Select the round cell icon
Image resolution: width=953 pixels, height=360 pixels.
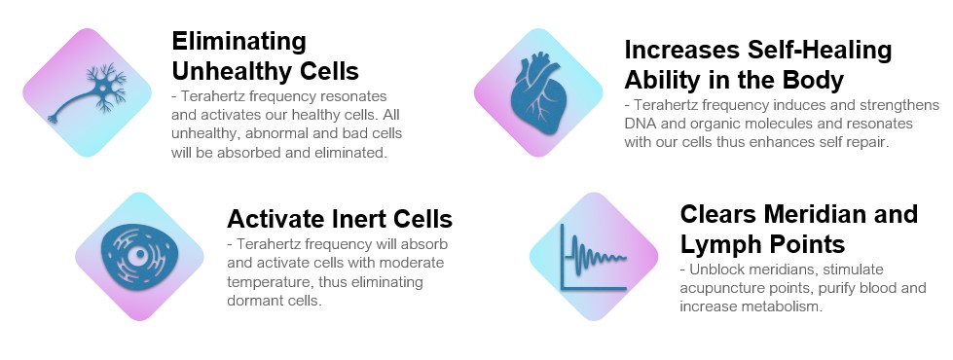[x=139, y=256]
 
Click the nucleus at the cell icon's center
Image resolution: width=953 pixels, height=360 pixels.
[x=140, y=255]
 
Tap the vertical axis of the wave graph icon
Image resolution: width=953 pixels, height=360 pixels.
[x=563, y=257]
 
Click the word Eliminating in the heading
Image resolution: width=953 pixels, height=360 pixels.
[x=238, y=41]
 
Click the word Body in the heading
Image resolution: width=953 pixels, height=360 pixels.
[x=812, y=80]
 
